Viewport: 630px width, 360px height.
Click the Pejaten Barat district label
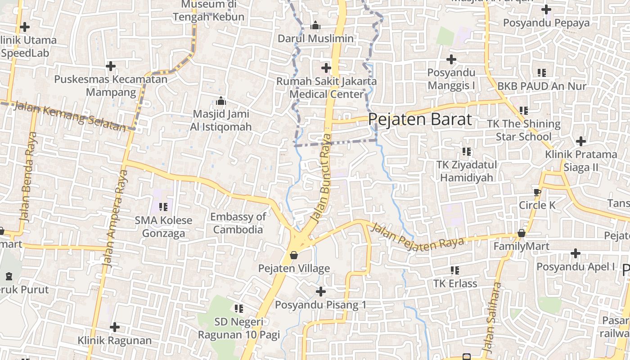click(x=420, y=119)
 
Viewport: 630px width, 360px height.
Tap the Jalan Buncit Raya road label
click(x=321, y=179)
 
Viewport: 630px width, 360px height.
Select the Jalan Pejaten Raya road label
click(x=416, y=237)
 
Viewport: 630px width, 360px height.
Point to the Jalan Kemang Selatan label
click(x=70, y=116)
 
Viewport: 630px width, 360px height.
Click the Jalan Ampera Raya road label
click(x=116, y=219)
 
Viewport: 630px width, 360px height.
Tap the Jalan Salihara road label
click(x=491, y=317)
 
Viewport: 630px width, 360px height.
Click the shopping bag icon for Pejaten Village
click(x=294, y=255)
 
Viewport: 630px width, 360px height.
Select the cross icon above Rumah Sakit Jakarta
click(x=326, y=68)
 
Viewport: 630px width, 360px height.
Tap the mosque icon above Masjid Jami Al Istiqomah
click(x=220, y=100)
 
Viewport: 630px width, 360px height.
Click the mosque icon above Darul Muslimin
click(x=315, y=25)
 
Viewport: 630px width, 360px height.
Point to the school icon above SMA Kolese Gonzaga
click(x=163, y=207)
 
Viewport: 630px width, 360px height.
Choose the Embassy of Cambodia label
click(x=238, y=223)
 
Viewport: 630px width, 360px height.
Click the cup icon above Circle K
click(x=537, y=192)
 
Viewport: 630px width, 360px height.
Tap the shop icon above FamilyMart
click(x=521, y=233)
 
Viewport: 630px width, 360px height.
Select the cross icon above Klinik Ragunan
click(x=115, y=327)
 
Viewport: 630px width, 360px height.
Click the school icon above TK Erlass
click(x=455, y=270)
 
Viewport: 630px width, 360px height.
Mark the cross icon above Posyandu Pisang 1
click(x=320, y=292)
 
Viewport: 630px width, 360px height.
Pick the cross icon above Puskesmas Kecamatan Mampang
click(x=111, y=66)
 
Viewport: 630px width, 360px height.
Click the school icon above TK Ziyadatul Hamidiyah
click(x=467, y=151)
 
